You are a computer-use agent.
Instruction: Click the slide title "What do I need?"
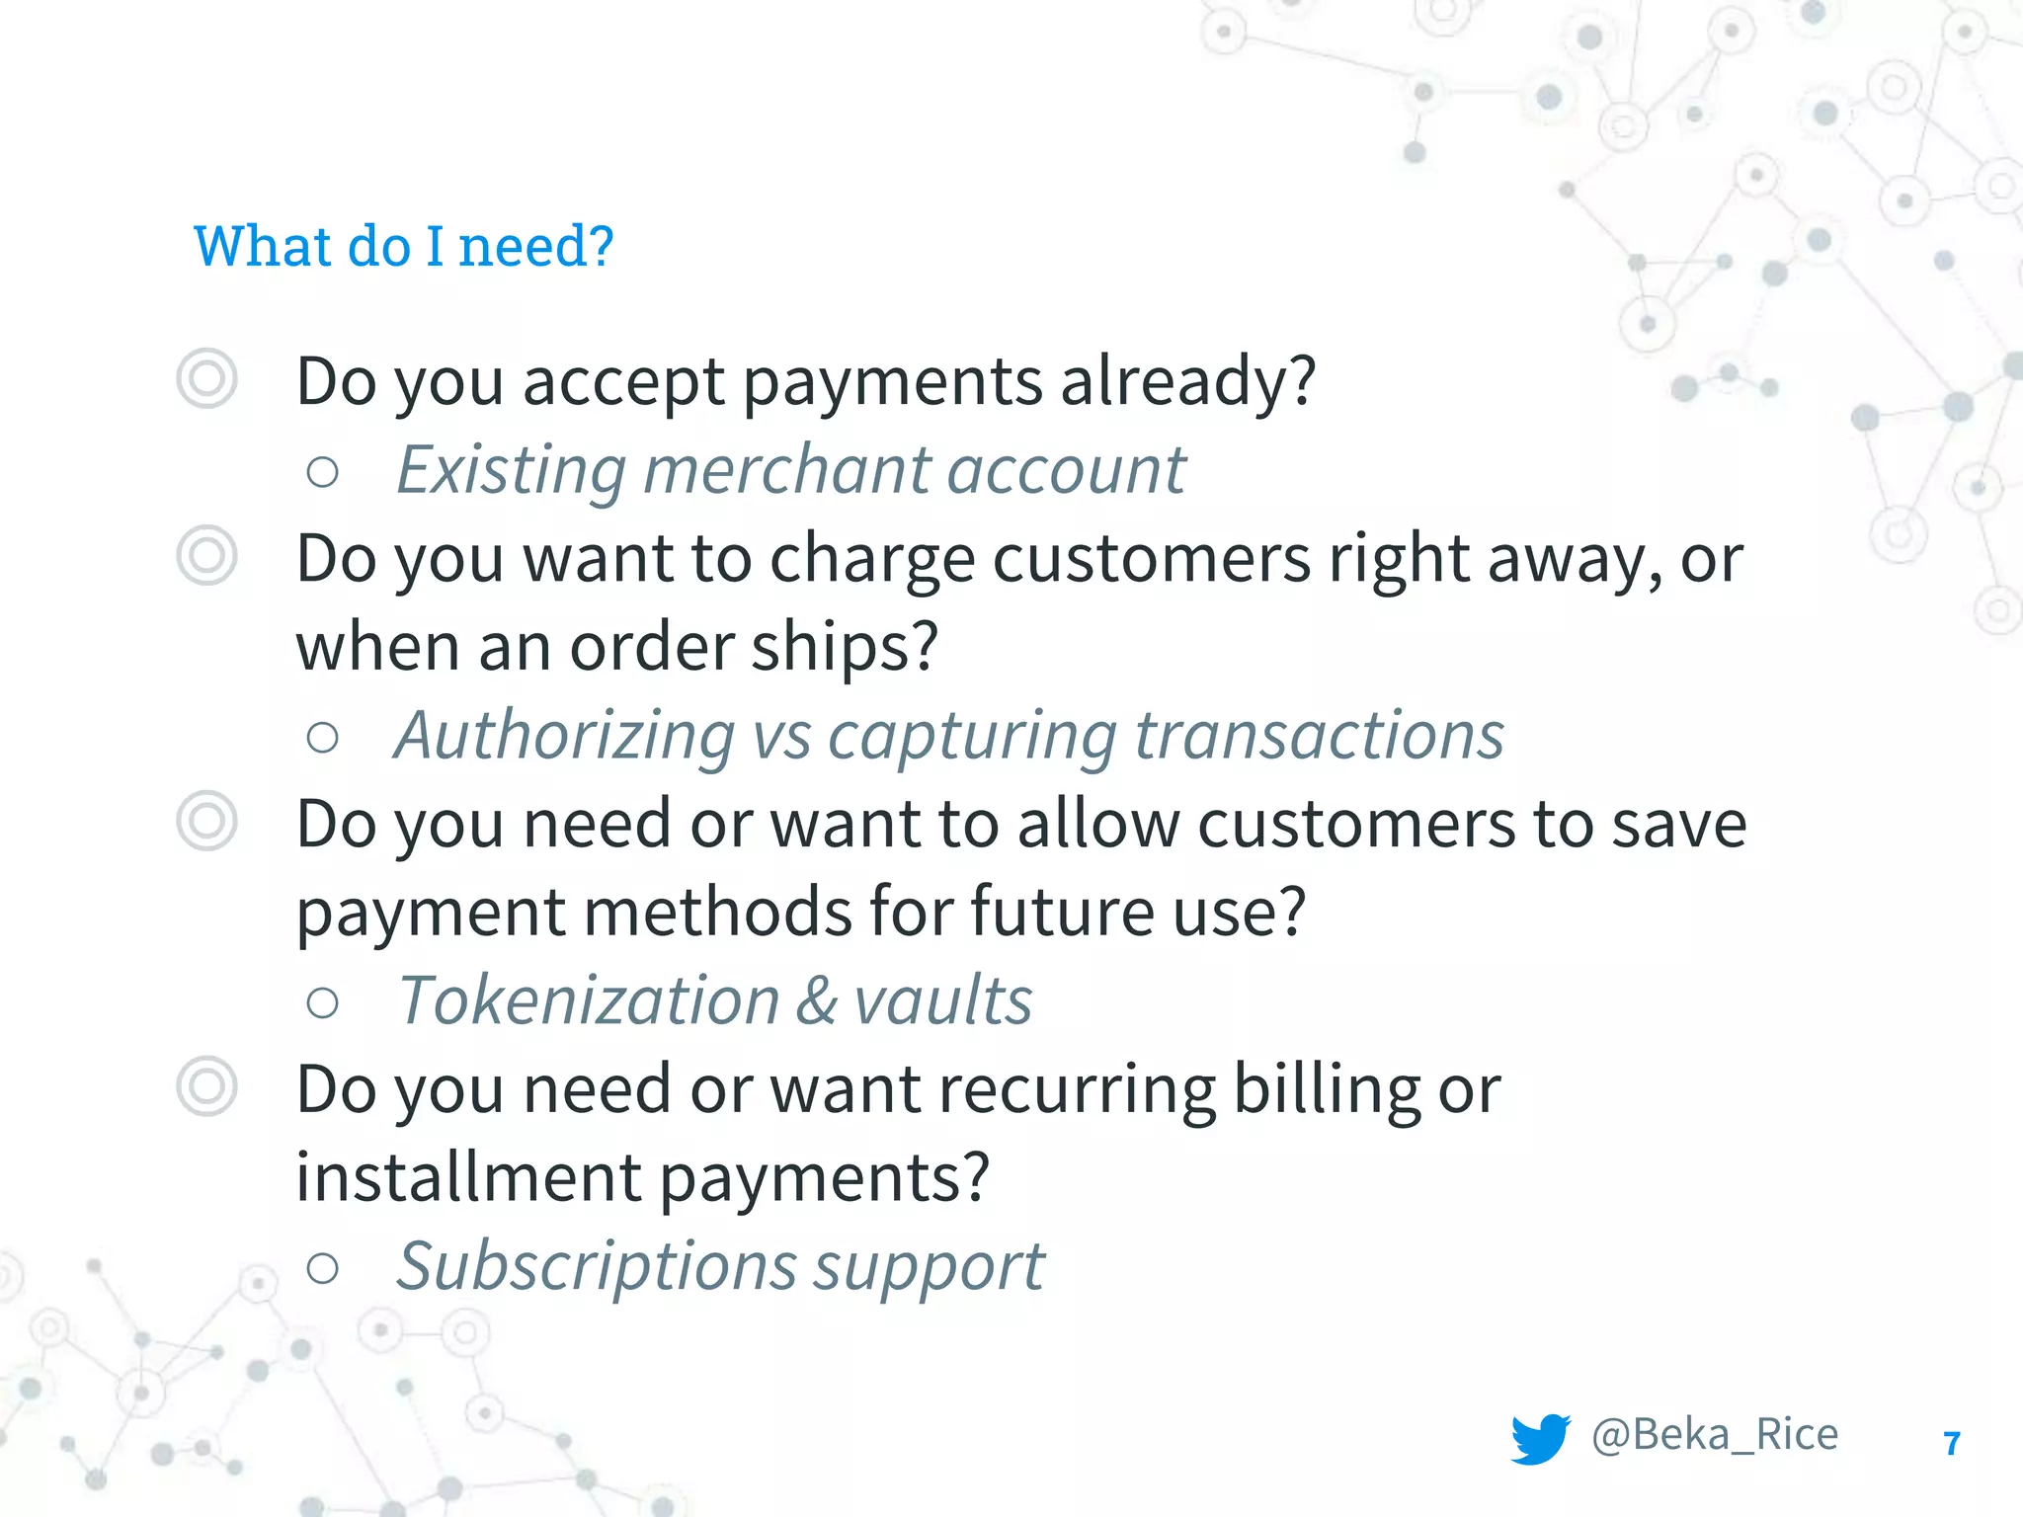tap(403, 247)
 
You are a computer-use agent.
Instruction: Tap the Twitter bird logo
tap(1540, 1438)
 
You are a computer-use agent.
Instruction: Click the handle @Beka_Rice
tap(1715, 1434)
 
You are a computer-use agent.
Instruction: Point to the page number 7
tap(1952, 1444)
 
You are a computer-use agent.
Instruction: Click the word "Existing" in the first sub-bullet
tap(511, 470)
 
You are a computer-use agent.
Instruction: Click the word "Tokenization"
tap(589, 1001)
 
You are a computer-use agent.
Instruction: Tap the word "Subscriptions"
tap(596, 1268)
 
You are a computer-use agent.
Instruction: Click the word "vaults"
tap(942, 1001)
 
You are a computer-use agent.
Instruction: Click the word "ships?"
tap(845, 648)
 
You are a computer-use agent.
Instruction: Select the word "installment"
tap(469, 1177)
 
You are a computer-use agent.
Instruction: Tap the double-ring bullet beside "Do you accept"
tap(207, 378)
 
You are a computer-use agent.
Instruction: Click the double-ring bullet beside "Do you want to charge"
tap(207, 555)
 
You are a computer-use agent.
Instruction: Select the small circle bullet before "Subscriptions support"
tap(323, 1268)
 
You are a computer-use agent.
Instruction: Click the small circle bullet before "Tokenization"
tap(323, 1003)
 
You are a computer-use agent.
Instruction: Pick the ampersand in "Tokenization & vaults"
tap(816, 1001)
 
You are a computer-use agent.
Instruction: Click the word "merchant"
tap(786, 470)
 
